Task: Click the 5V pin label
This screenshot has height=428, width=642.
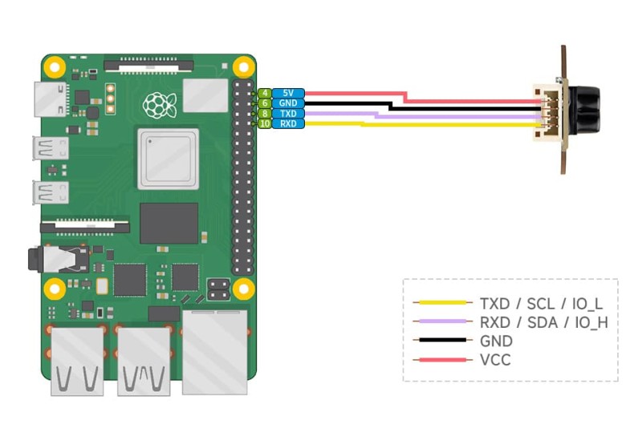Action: (287, 94)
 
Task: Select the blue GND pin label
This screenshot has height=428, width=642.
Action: (287, 103)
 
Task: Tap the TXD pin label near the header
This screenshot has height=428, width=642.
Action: (287, 114)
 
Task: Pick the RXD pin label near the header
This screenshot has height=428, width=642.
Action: (287, 123)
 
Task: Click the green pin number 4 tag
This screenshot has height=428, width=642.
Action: (264, 94)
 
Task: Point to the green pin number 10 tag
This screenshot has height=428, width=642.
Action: (264, 123)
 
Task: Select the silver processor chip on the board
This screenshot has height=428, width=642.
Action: (168, 159)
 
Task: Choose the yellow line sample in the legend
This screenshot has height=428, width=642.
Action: (441, 303)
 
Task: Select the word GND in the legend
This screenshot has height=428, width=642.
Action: (496, 341)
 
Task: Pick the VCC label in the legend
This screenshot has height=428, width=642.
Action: (495, 360)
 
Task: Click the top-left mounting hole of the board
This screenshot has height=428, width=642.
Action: (53, 66)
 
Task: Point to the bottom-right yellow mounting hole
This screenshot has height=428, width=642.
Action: (244, 287)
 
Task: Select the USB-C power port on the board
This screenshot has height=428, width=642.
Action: (45, 99)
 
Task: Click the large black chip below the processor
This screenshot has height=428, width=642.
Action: (169, 223)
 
